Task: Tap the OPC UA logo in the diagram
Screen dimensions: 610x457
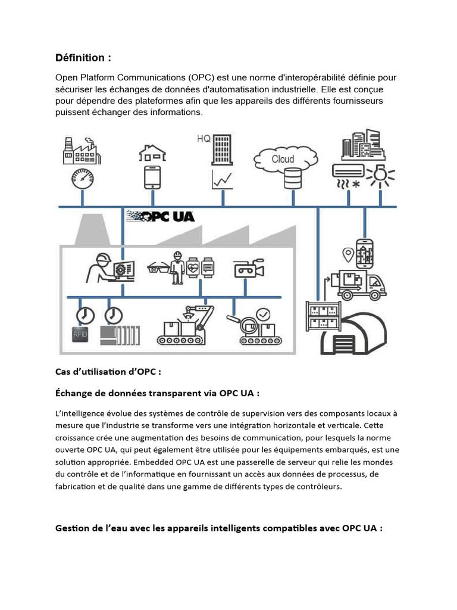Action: click(161, 216)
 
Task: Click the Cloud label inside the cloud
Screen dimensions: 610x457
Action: click(283, 159)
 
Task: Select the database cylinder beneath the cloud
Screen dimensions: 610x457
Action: click(292, 178)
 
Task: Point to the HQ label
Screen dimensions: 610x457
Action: click(204, 139)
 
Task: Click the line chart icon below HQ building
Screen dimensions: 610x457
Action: click(221, 178)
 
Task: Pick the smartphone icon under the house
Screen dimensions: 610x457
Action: click(152, 178)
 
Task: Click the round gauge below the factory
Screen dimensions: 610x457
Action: click(82, 178)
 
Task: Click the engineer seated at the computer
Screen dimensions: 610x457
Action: click(100, 268)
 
